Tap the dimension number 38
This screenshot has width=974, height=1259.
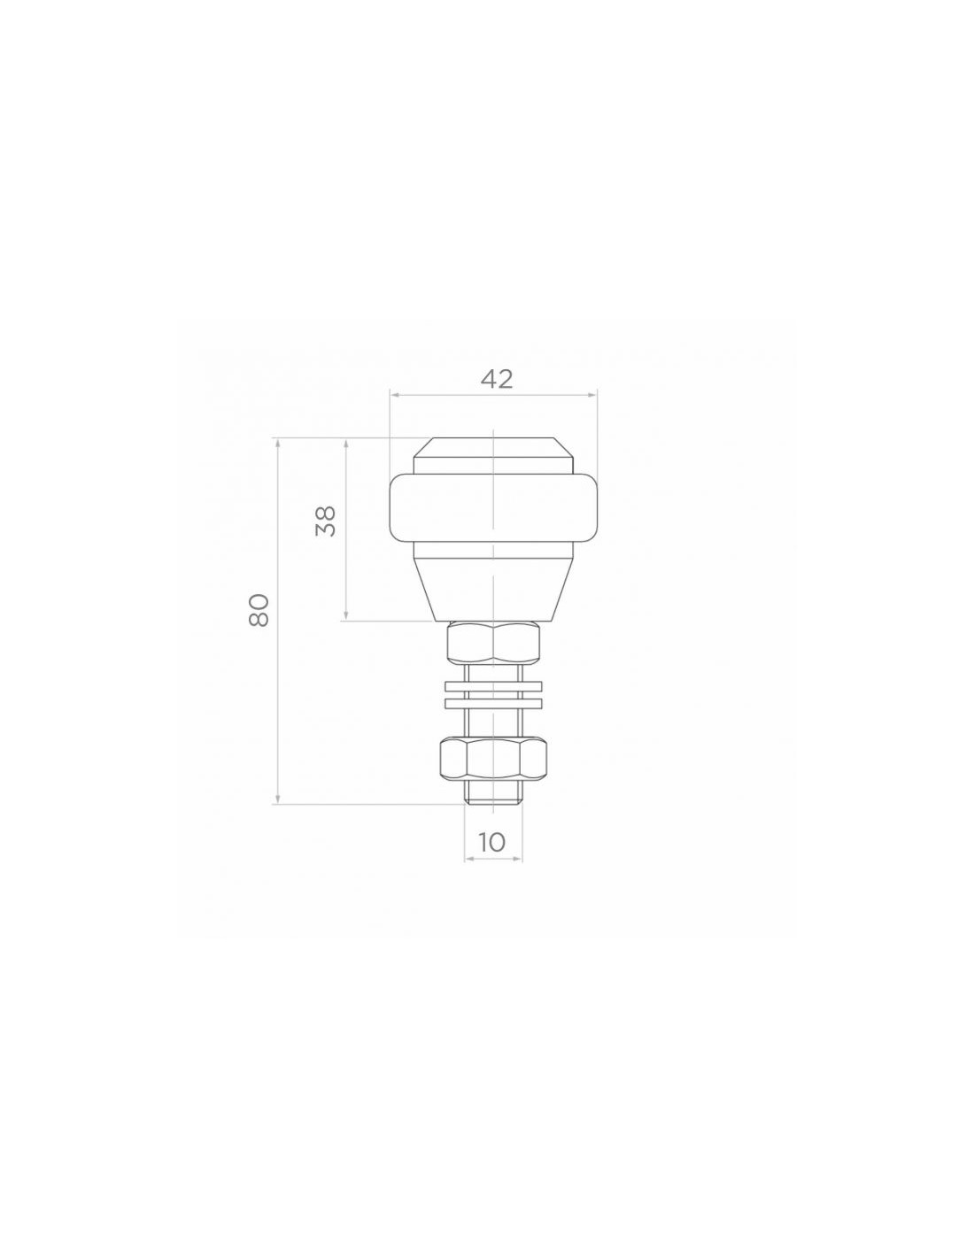(x=326, y=521)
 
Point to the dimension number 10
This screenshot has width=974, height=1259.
(x=492, y=842)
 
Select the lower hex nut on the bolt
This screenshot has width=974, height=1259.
(x=493, y=759)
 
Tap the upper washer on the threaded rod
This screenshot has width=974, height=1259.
(x=493, y=686)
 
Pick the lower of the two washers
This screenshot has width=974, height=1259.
(x=493, y=703)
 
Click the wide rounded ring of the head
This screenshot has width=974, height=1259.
(x=493, y=508)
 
